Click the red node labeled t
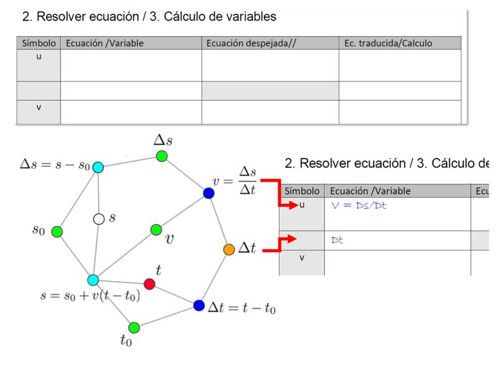149,284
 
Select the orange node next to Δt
229,250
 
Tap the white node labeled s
99,219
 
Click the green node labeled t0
134,328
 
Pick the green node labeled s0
57,232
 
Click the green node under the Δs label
162,156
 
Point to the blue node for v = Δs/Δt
209,193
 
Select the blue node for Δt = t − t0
199,305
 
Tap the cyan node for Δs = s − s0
98,167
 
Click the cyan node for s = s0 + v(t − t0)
93,280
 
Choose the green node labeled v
156,229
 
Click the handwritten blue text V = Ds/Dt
359,206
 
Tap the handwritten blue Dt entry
337,240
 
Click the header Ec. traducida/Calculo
388,43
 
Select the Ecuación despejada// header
251,43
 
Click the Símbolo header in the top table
39,43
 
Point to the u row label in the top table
39,57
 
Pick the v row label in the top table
39,108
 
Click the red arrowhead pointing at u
294,205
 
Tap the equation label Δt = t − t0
242,307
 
